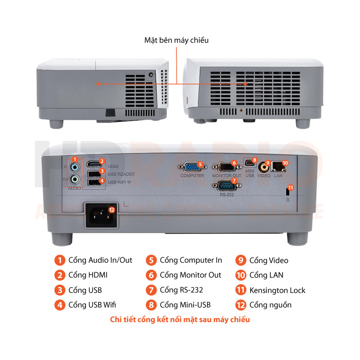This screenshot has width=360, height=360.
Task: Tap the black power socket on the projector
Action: pyautogui.click(x=100, y=216)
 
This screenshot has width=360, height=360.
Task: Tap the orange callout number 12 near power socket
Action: pyautogui.click(x=112, y=209)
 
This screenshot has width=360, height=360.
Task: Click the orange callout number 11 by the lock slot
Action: pyautogui.click(x=291, y=188)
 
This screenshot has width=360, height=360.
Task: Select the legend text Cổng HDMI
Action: pyautogui.click(x=88, y=275)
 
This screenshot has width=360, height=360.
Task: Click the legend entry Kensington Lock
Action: pyautogui.click(x=277, y=290)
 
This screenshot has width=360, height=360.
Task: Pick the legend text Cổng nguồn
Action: pyautogui.click(x=270, y=305)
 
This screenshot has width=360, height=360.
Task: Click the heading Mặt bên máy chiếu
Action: pyautogui.click(x=176, y=40)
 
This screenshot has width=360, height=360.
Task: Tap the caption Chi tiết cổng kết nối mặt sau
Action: pyautogui.click(x=180, y=320)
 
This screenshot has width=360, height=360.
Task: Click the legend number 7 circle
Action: pyautogui.click(x=152, y=290)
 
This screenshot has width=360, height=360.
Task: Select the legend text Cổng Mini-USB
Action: pyautogui.click(x=185, y=305)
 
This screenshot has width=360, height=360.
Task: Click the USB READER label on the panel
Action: pyautogui.click(x=121, y=174)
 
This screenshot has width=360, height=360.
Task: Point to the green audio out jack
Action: pyautogui.click(x=76, y=179)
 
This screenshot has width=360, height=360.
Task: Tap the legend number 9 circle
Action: pyautogui.click(x=241, y=261)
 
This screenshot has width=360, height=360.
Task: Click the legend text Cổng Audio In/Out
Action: pyautogui.click(x=100, y=260)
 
